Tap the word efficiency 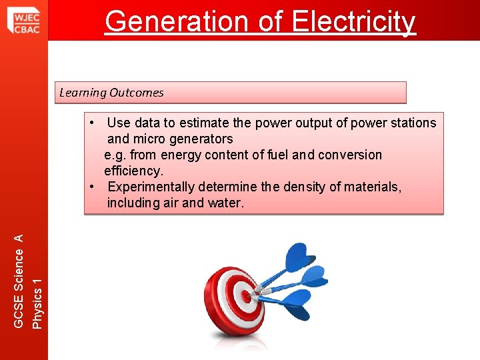pos(133,171)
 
